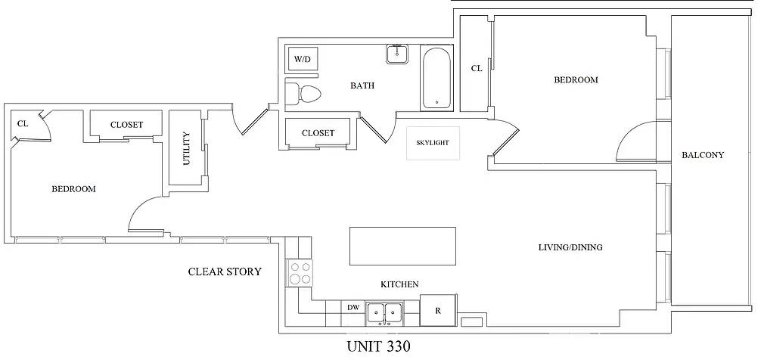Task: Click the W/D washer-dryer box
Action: coord(302,58)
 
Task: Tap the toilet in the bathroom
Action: coord(304,94)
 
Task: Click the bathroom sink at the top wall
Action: coord(397,54)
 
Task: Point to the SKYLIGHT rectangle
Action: coord(433,144)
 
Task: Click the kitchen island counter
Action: coord(402,245)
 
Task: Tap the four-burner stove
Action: coord(300,272)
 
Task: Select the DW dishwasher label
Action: coord(353,308)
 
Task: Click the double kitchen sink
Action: coord(384,312)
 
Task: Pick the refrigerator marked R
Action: coord(436,310)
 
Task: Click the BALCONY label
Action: coord(703,155)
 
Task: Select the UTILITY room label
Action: coord(186,149)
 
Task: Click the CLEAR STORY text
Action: coord(225,272)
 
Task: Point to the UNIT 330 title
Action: coord(378,347)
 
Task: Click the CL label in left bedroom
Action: coord(22,123)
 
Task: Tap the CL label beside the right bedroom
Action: coord(477,68)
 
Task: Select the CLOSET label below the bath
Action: coord(318,133)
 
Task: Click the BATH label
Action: coord(362,85)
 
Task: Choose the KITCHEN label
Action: coord(399,284)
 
